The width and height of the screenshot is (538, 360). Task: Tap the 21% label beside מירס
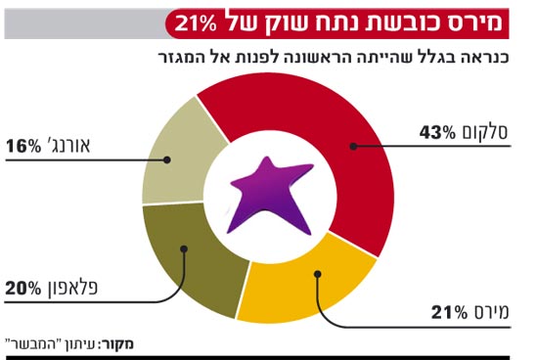[x=451, y=313]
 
